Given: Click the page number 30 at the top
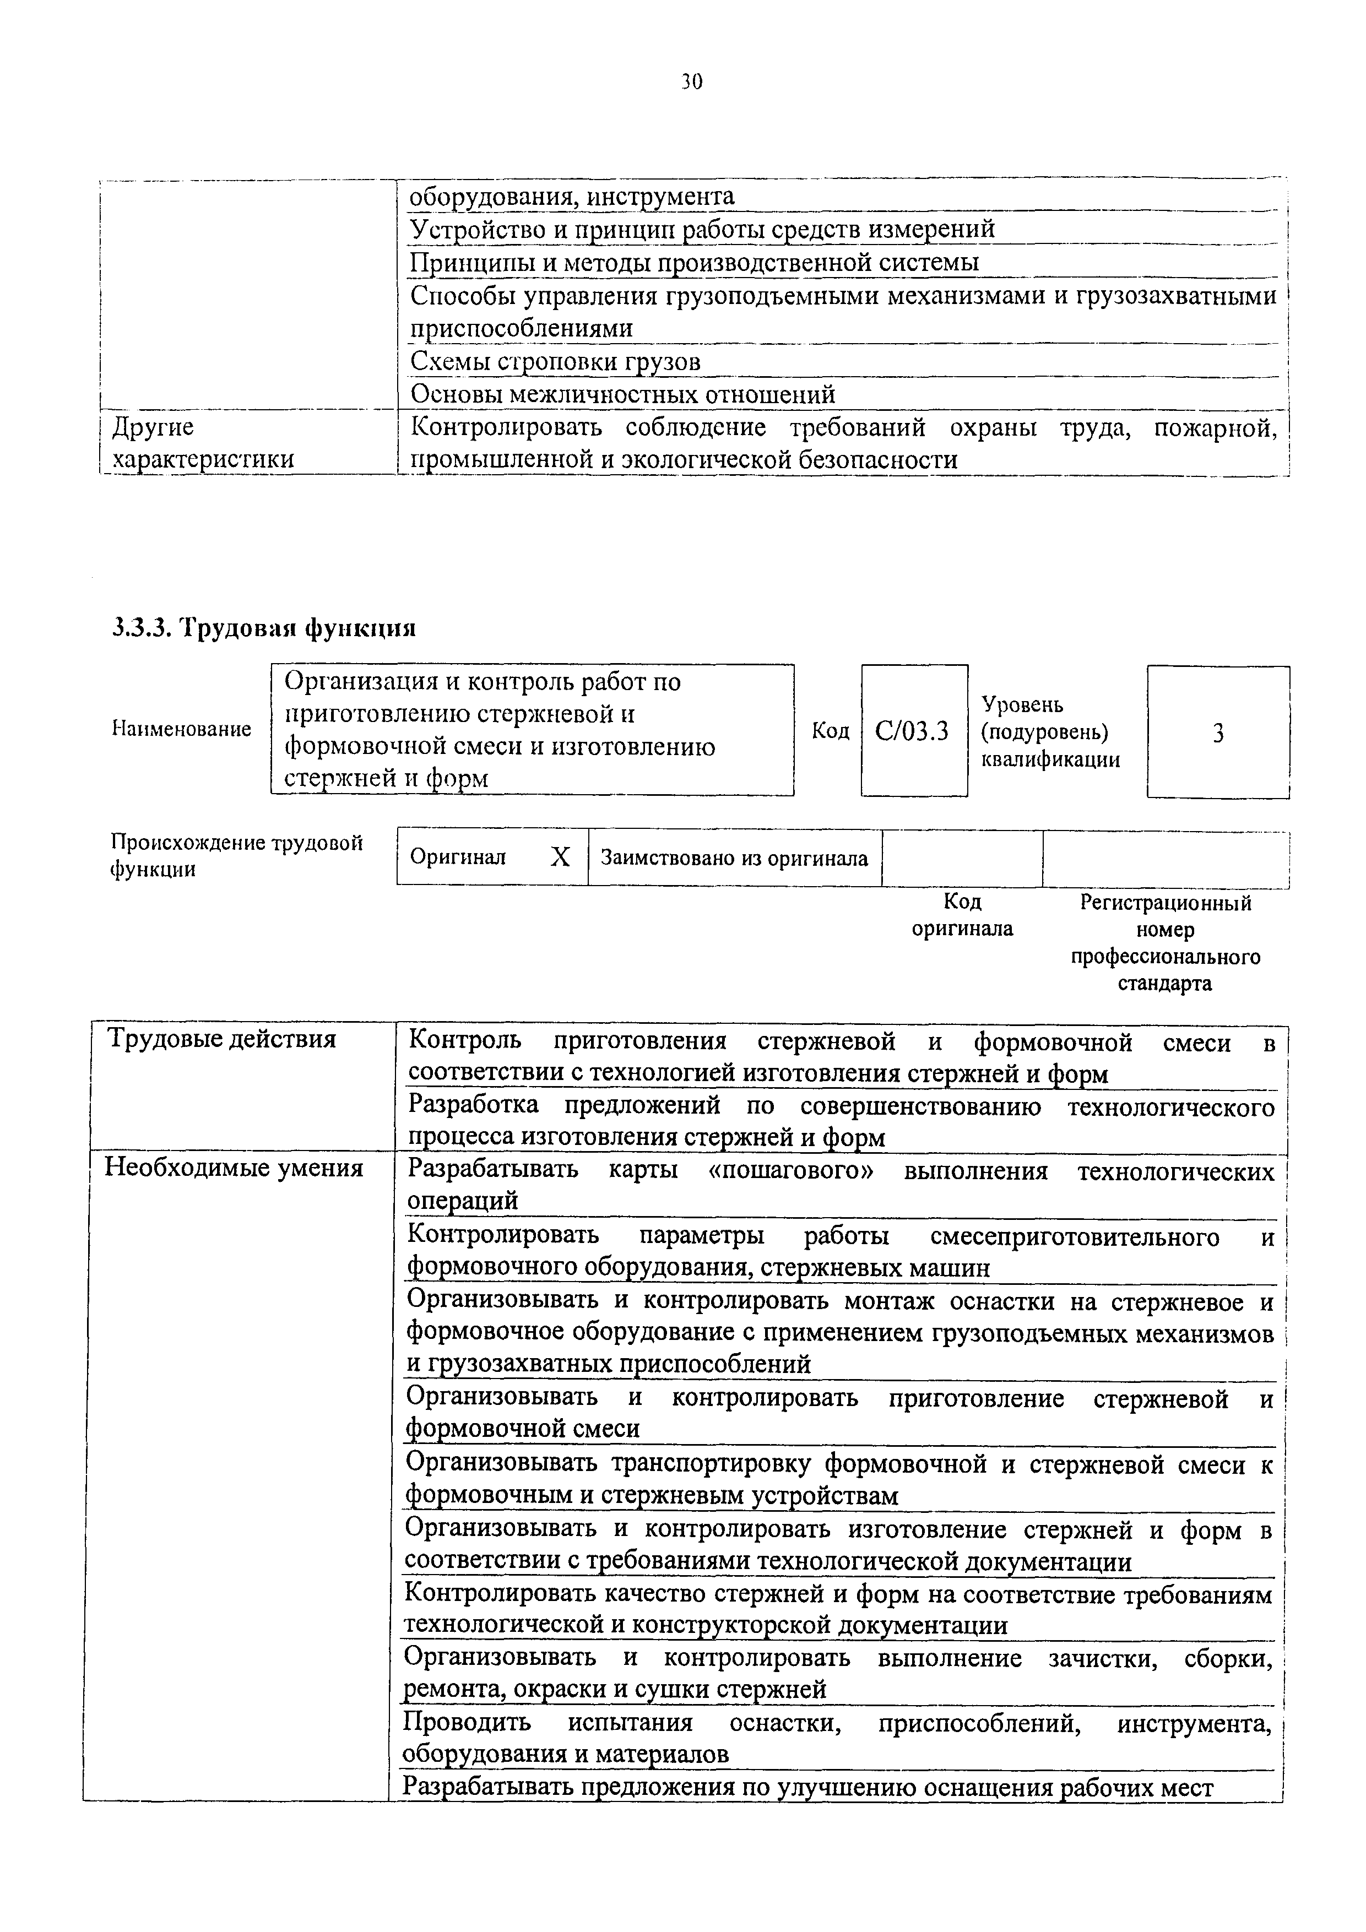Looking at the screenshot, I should click(690, 82).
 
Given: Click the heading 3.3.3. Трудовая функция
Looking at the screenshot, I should click(263, 628).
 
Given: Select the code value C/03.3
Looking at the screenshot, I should click(912, 731).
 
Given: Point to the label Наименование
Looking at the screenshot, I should click(182, 729).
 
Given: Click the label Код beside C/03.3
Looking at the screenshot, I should click(830, 730).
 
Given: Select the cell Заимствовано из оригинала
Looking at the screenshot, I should click(734, 858).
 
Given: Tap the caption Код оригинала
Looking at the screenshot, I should click(962, 915).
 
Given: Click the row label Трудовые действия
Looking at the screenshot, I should click(221, 1039).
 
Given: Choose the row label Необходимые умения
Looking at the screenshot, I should click(233, 1168).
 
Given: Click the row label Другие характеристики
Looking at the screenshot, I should click(202, 443).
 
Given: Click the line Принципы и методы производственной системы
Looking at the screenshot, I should click(693, 263).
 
